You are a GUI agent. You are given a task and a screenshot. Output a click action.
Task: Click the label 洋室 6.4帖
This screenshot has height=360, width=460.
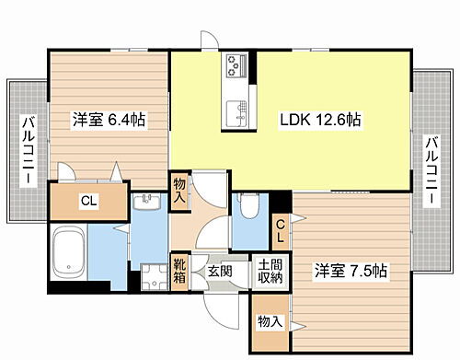[109, 120]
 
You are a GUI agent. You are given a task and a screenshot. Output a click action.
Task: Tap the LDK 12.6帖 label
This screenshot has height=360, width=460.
[319, 120]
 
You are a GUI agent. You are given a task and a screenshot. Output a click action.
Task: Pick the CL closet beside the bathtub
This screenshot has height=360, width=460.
[88, 201]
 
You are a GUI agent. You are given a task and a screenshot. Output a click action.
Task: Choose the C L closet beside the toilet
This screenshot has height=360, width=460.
[280, 226]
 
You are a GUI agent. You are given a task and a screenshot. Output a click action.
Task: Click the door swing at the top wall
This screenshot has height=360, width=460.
[210, 41]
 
